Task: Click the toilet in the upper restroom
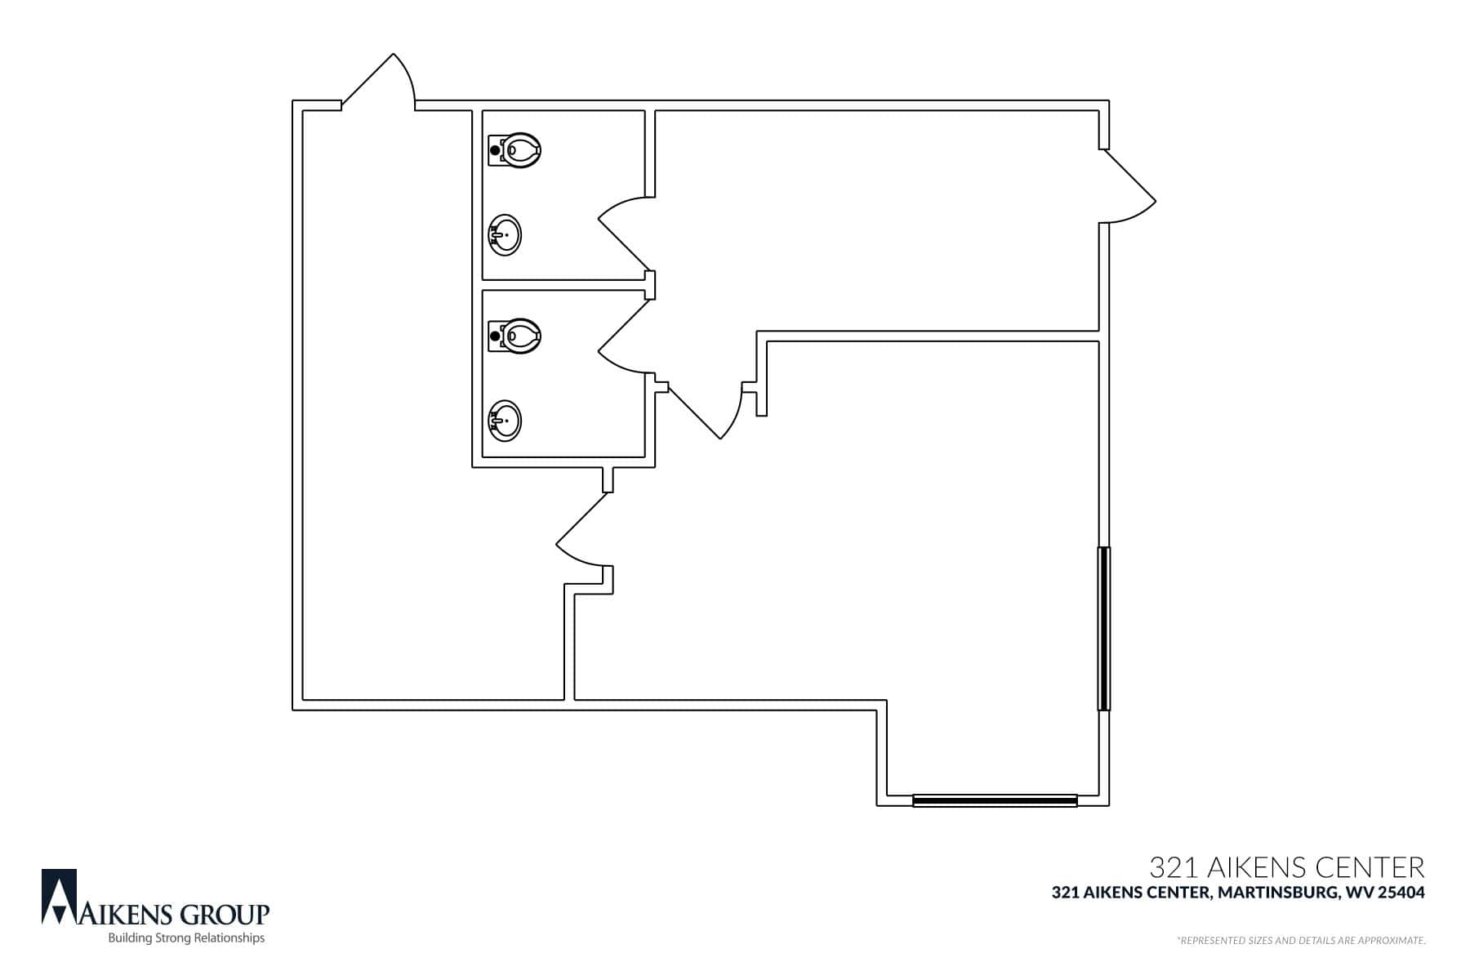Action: pyautogui.click(x=514, y=150)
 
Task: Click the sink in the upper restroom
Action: pyautogui.click(x=505, y=235)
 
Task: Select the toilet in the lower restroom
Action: pyautogui.click(x=514, y=336)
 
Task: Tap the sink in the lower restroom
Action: pyautogui.click(x=505, y=421)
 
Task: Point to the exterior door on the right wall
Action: pyautogui.click(x=1128, y=185)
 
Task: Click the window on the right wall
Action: pyautogui.click(x=1104, y=628)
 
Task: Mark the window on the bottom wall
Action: pyautogui.click(x=995, y=800)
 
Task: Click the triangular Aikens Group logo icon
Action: pyautogui.click(x=60, y=897)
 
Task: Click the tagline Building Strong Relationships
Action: pyautogui.click(x=187, y=938)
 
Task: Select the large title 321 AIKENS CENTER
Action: pyautogui.click(x=1286, y=866)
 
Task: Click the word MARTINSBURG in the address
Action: pyautogui.click(x=1276, y=893)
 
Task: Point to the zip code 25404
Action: pyautogui.click(x=1401, y=893)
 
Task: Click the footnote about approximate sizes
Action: pyautogui.click(x=1302, y=941)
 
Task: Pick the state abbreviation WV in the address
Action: pyautogui.click(x=1356, y=893)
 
